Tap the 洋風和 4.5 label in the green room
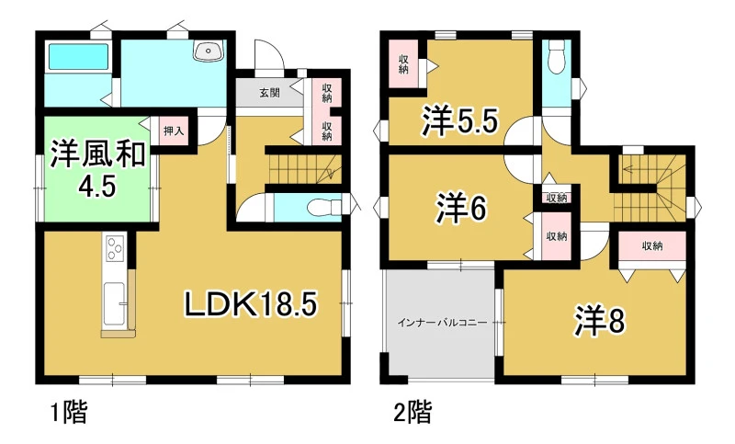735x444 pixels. pyautogui.click(x=98, y=169)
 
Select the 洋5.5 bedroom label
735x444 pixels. pyautogui.click(x=459, y=120)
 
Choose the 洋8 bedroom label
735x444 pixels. pyautogui.click(x=600, y=322)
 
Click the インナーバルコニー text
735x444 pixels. pyautogui.click(x=442, y=323)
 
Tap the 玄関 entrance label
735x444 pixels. pyautogui.click(x=269, y=92)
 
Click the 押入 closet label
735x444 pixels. pyautogui.click(x=173, y=131)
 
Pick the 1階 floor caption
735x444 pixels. pyautogui.click(x=68, y=412)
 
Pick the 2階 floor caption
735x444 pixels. pyautogui.click(x=413, y=412)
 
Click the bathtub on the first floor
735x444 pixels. pyautogui.click(x=78, y=57)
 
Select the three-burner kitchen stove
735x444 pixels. pyautogui.click(x=114, y=248)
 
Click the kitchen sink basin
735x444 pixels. pyautogui.click(x=114, y=304)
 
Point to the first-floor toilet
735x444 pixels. pyautogui.click(x=324, y=207)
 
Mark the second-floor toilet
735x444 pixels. pyautogui.click(x=557, y=56)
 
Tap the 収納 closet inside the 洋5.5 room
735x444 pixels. pyautogui.click(x=403, y=64)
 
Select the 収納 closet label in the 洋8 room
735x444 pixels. pyautogui.click(x=652, y=245)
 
